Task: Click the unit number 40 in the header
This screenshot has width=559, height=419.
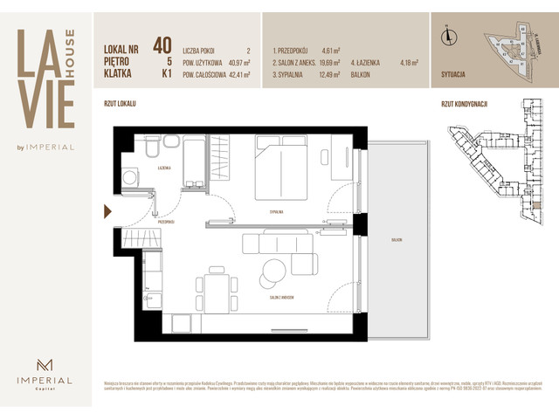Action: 162,45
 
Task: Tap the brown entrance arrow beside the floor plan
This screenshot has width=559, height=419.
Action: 107,211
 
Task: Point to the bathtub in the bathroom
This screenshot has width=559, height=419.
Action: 192,161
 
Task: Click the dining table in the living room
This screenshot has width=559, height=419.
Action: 217,290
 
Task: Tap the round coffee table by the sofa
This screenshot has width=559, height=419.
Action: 273,271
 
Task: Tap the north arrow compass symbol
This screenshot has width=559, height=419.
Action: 446,36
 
